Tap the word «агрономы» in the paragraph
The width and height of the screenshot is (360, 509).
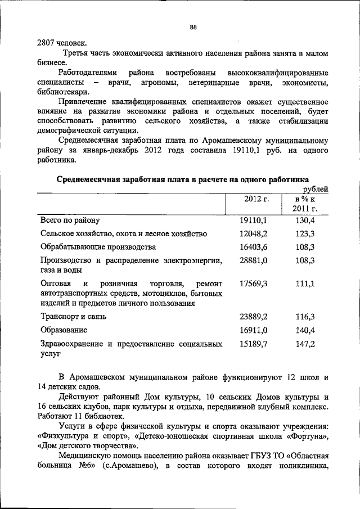click(x=157, y=83)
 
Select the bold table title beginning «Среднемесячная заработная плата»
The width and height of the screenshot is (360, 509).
click(x=181, y=179)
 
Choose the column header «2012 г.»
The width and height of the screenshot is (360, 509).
click(x=256, y=199)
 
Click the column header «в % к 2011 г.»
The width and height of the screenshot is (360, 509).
click(x=305, y=204)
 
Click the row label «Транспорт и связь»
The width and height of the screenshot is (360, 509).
click(x=73, y=316)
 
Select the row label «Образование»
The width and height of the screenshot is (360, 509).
click(x=64, y=330)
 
